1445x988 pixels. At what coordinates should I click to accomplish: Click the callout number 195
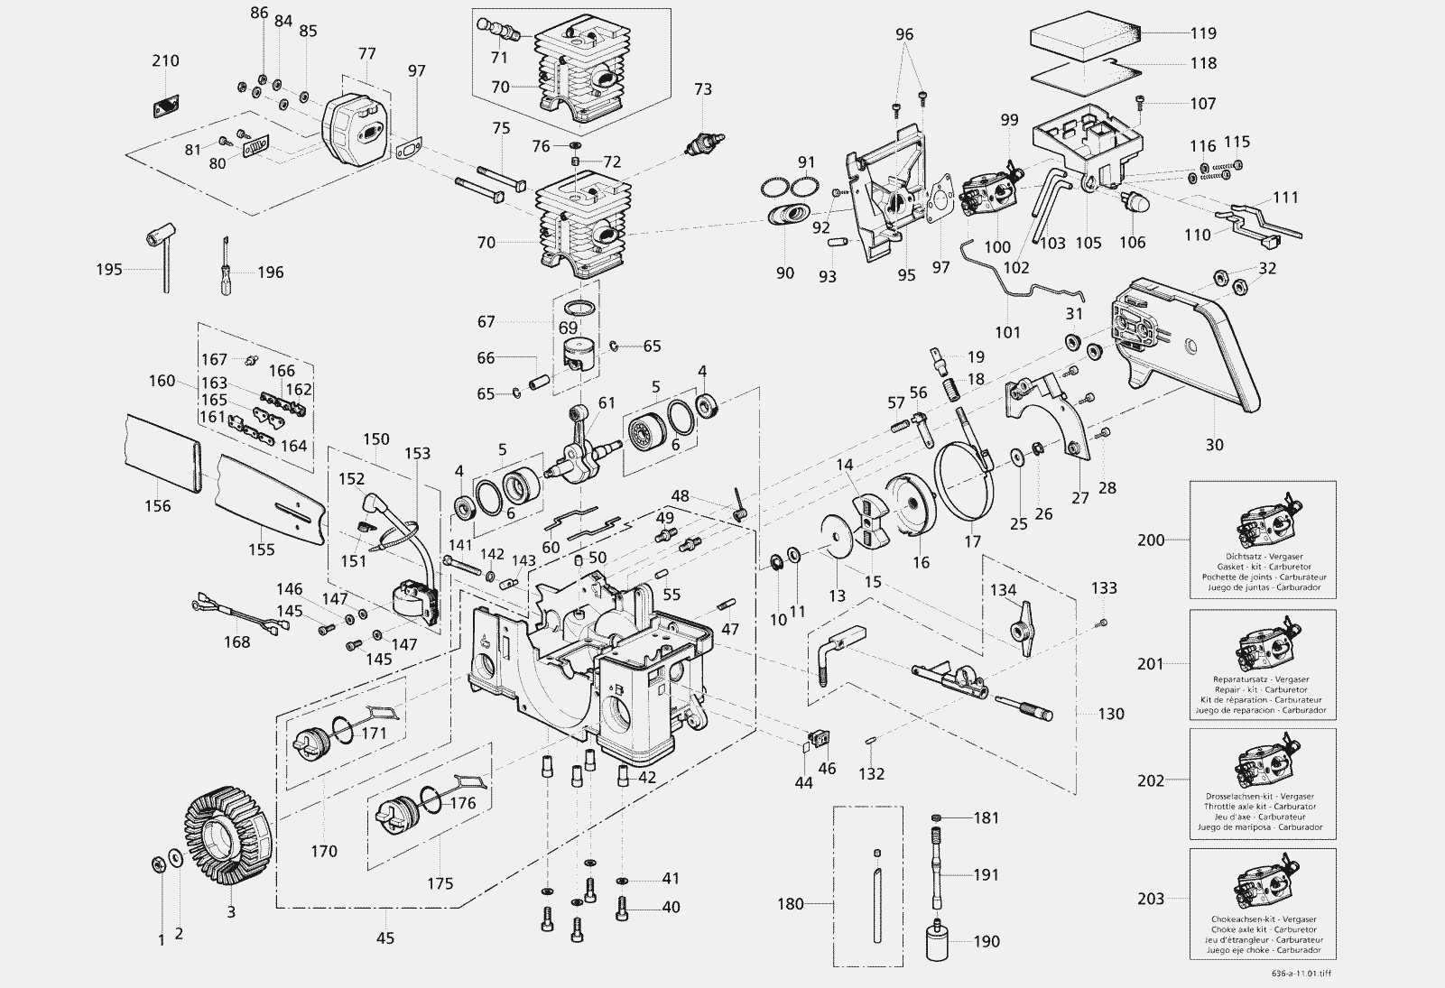tap(109, 270)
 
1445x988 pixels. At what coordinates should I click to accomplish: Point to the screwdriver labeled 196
tap(225, 265)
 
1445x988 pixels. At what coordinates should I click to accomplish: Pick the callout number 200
tap(1151, 540)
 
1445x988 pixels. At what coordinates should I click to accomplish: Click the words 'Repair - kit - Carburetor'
tap(1263, 689)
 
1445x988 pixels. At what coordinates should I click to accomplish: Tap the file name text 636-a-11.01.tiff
tap(1298, 974)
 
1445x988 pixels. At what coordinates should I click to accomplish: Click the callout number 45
tap(385, 937)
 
